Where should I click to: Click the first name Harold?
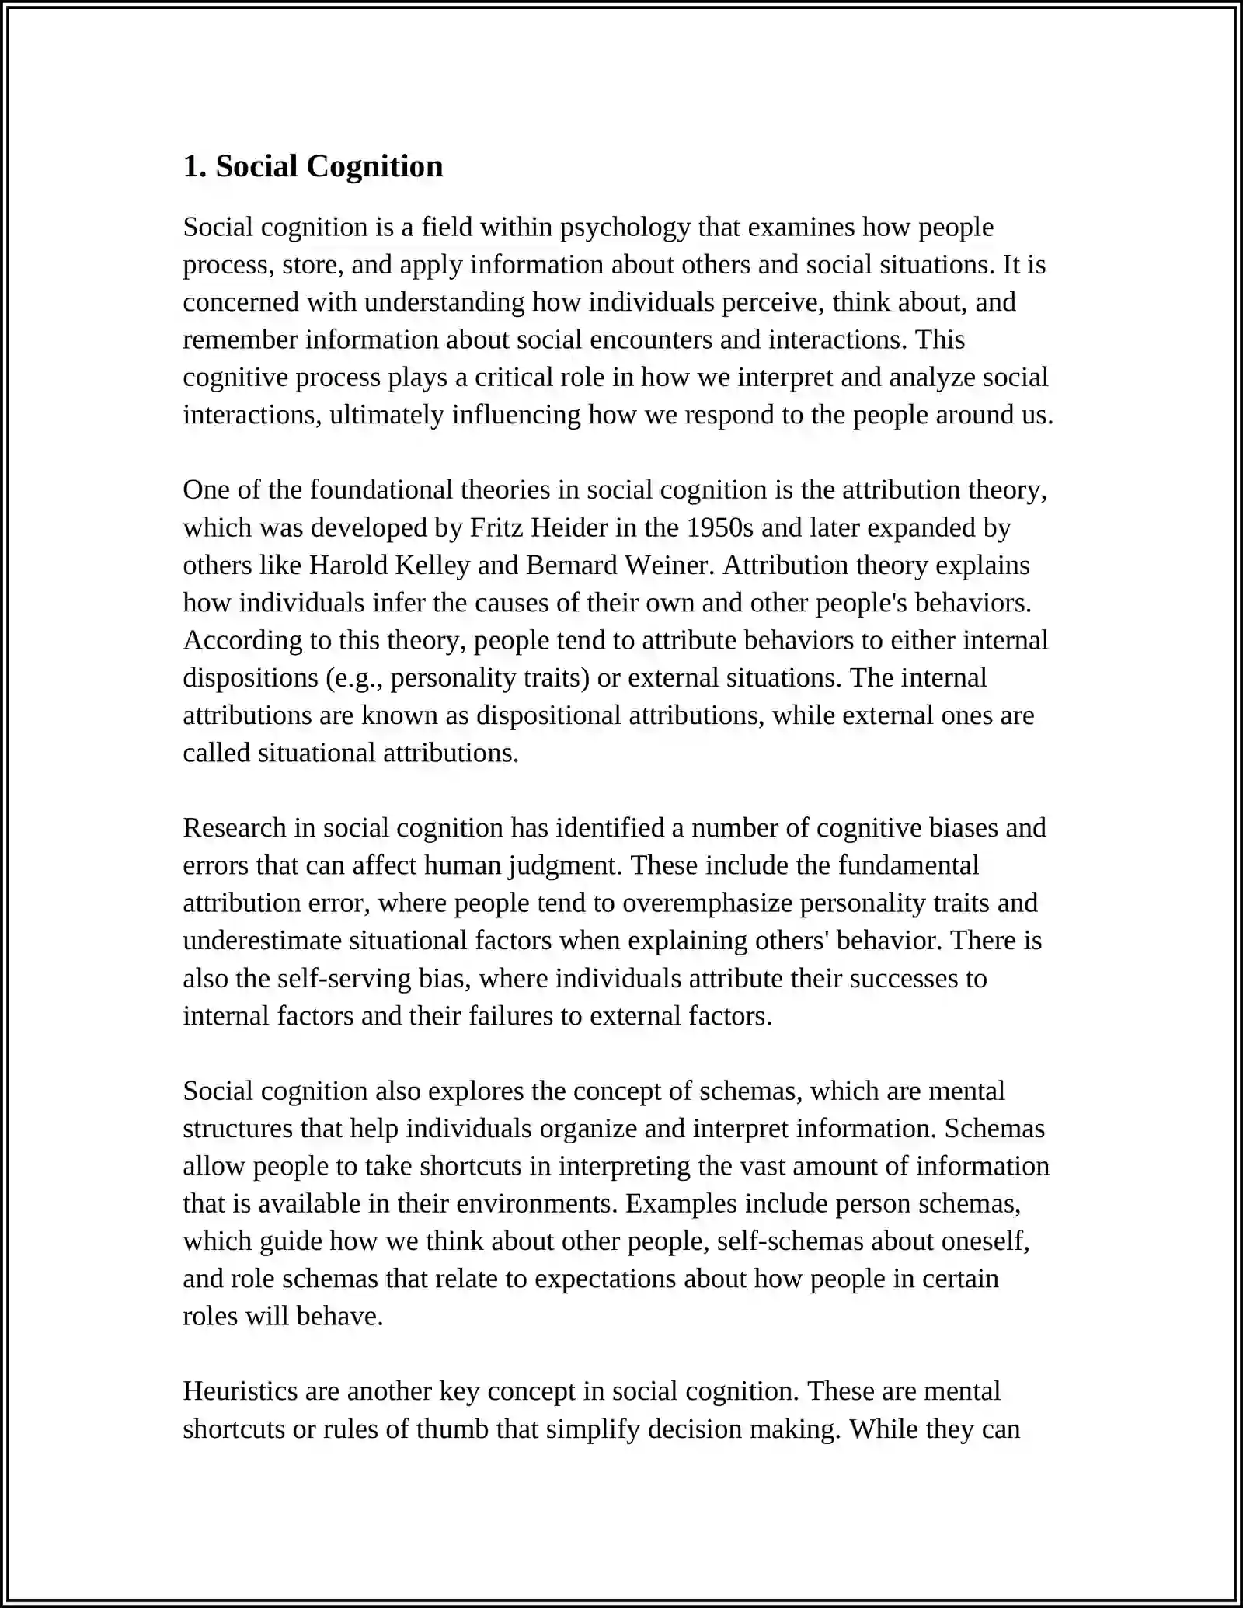(x=348, y=566)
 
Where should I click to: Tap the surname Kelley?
(x=433, y=566)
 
